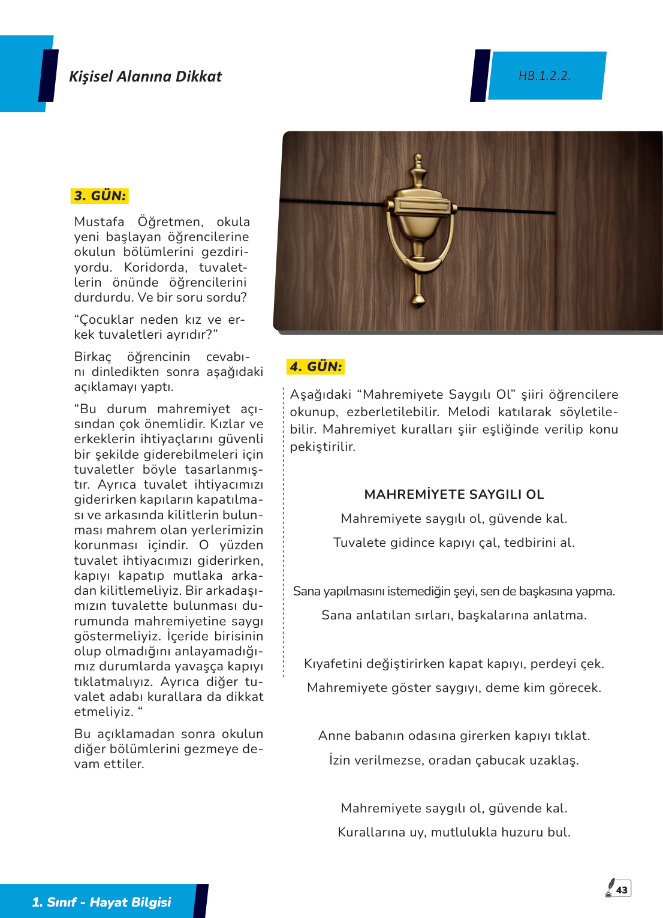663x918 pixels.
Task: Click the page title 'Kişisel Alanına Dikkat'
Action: (145, 77)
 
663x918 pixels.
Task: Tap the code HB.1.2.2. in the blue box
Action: (544, 76)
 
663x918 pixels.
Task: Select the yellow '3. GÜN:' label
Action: (100, 196)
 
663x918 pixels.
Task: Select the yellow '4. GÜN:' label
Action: (315, 367)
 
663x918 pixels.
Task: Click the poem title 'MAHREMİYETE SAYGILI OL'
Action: (454, 495)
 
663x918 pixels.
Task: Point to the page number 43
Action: (622, 890)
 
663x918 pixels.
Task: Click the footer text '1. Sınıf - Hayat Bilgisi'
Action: (101, 902)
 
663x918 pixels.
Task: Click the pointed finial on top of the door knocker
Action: (418, 165)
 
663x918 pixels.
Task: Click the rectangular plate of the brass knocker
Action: (423, 206)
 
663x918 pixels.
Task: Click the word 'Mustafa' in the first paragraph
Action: (99, 222)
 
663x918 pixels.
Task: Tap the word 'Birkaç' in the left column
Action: (93, 357)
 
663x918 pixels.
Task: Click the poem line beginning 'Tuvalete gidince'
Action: (454, 543)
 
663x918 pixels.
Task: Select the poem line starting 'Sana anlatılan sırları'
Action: (454, 615)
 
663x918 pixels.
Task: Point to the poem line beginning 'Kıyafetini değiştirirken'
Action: (454, 664)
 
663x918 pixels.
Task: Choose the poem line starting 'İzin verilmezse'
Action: (454, 760)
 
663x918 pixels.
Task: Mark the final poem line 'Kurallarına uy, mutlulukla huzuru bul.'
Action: (454, 832)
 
